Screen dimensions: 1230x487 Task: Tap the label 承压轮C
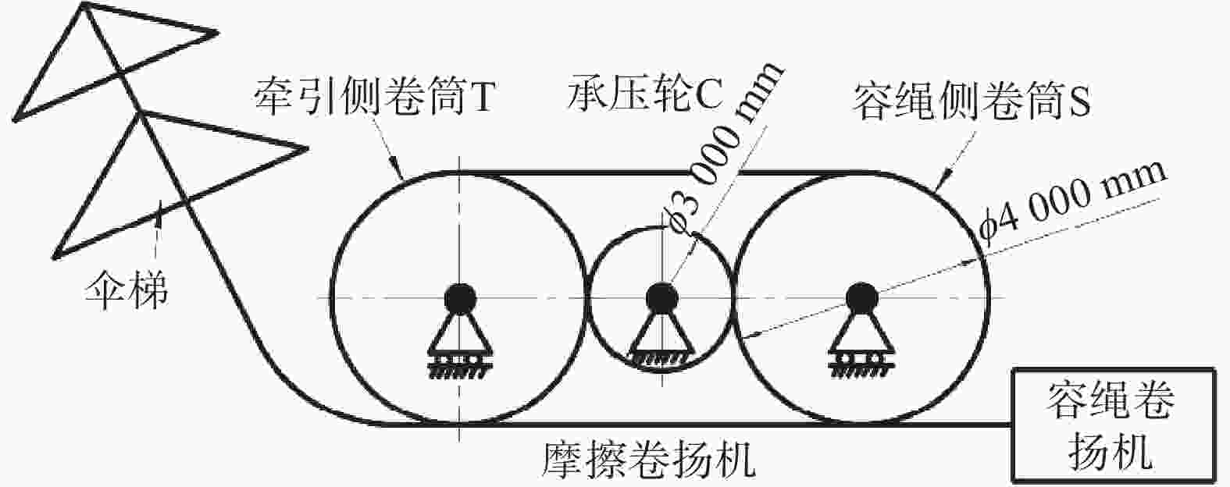[x=645, y=94]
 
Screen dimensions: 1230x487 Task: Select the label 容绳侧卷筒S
[x=971, y=102]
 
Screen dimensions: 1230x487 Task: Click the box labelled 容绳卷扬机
[x=1113, y=425]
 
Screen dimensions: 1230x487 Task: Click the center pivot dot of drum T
[x=460, y=299]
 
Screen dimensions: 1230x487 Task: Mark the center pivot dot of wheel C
[x=661, y=298]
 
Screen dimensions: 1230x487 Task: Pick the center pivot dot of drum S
[x=861, y=298]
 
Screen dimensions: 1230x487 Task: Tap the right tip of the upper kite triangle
[x=219, y=33]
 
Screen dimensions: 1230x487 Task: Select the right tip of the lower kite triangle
[x=307, y=148]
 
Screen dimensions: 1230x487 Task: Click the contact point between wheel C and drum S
[x=734, y=298]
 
